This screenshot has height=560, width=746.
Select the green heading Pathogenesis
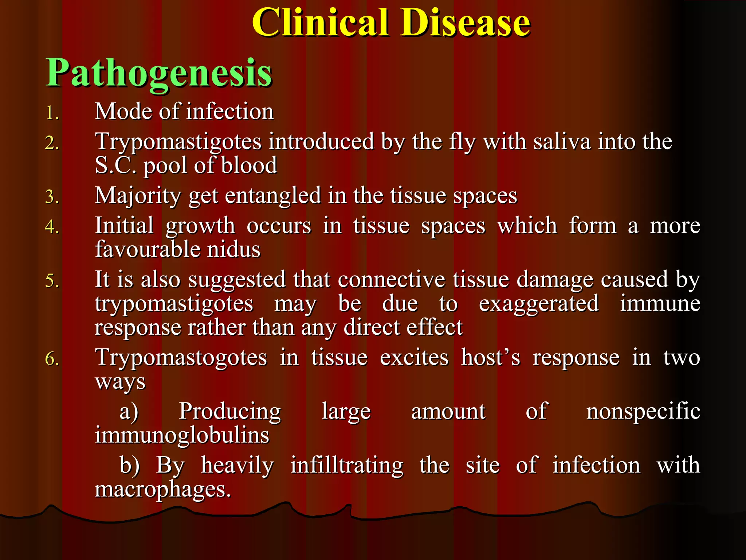[159, 73]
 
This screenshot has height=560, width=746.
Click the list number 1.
[52, 113]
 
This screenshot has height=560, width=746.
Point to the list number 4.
[52, 226]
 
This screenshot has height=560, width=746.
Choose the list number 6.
[52, 359]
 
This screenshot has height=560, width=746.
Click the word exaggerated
[538, 303]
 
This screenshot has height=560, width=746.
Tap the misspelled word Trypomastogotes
[181, 357]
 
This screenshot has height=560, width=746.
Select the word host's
[491, 357]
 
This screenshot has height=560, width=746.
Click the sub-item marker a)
[129, 412]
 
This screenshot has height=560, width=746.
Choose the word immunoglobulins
[182, 435]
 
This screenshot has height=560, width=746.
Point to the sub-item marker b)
[130, 466]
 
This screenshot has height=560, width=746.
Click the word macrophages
[162, 489]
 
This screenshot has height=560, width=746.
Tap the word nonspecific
[643, 412]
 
